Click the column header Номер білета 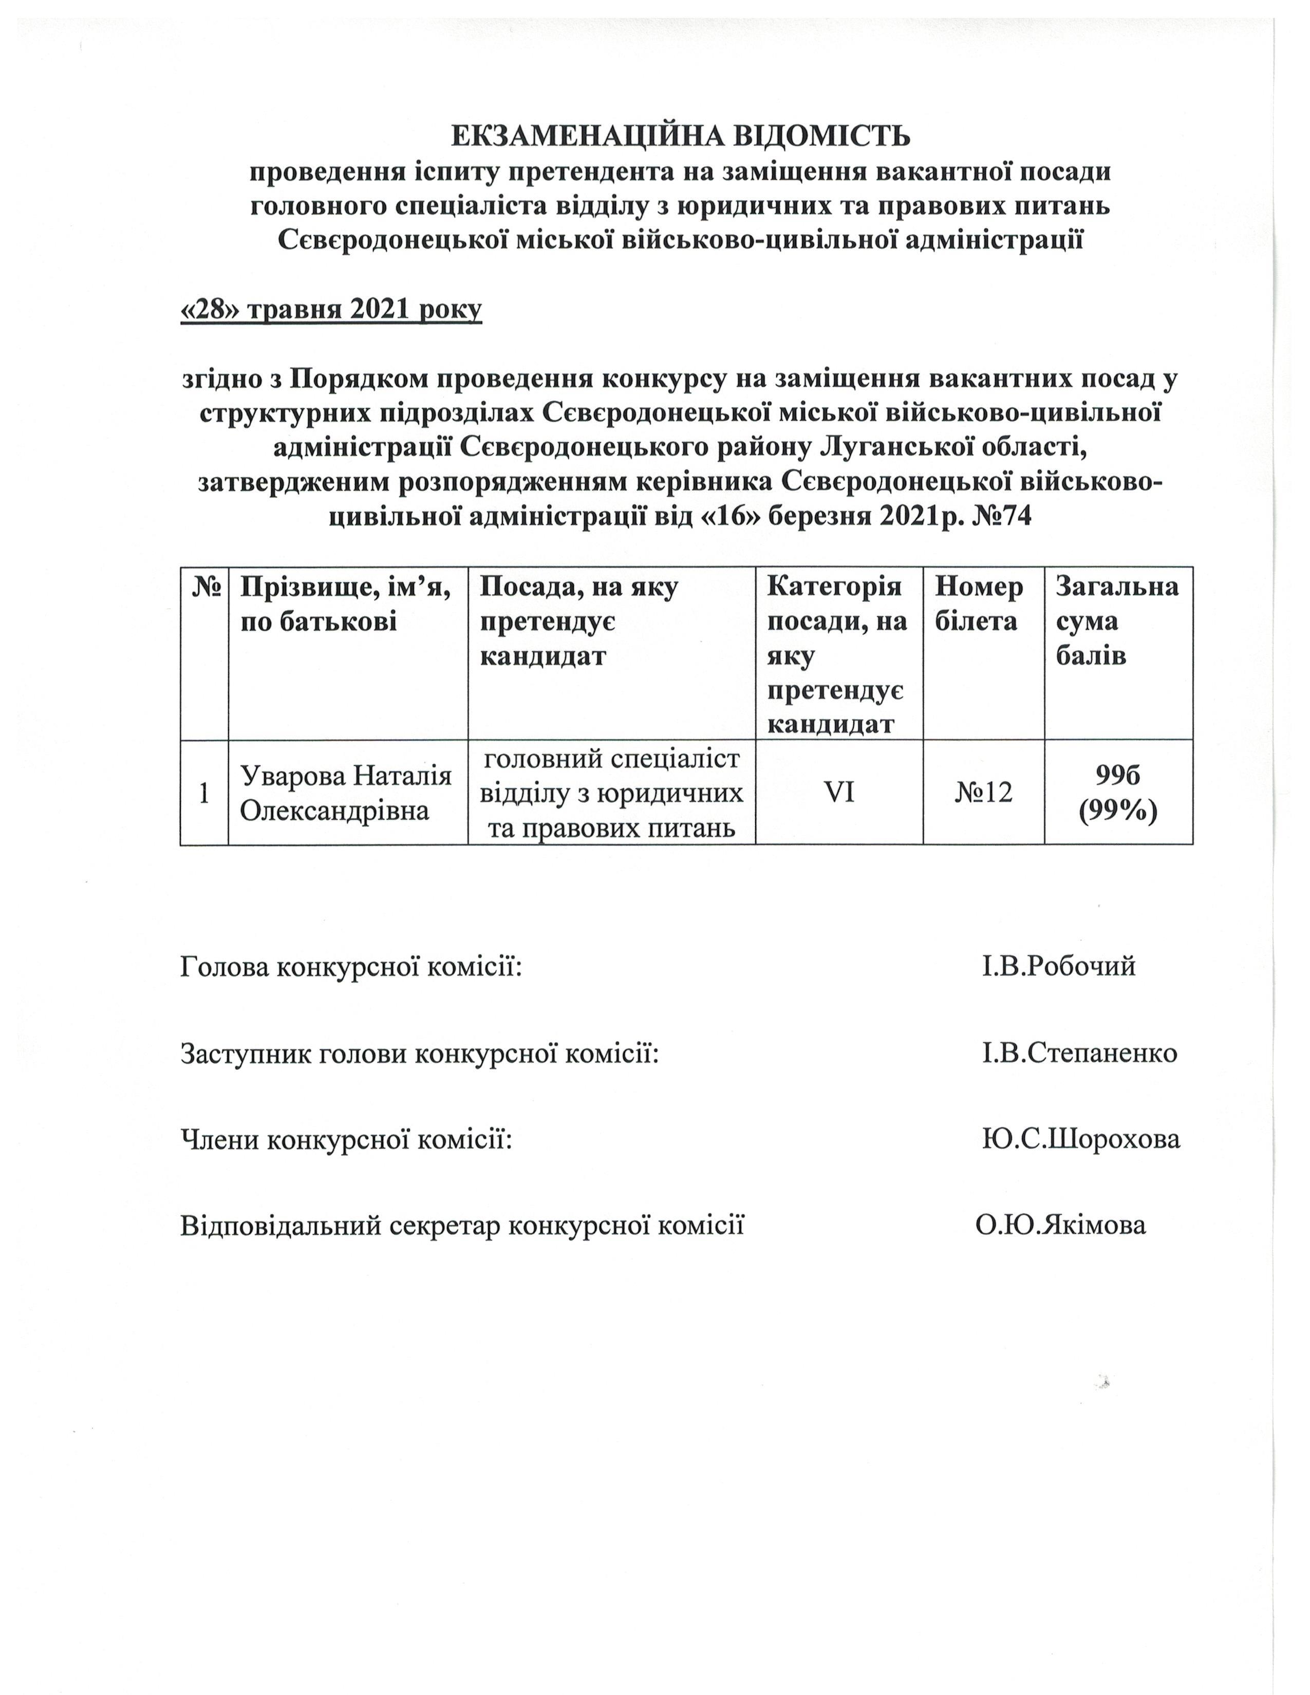click(x=979, y=604)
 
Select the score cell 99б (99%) click(x=1117, y=793)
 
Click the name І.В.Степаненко click(x=1079, y=1053)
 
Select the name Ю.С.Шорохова click(x=1080, y=1139)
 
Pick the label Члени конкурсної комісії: click(x=346, y=1139)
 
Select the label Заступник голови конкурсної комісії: click(x=420, y=1053)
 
